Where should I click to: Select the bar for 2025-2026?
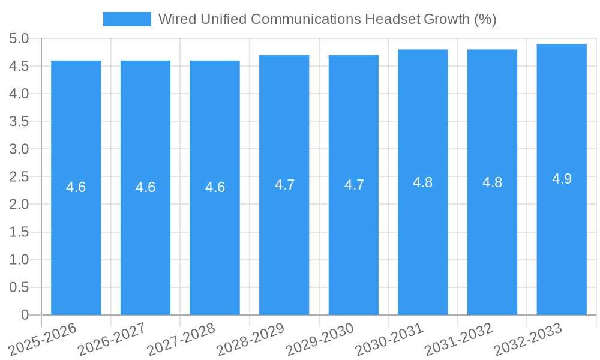point(76,240)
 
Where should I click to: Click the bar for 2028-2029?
point(284,240)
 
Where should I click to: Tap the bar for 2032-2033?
point(562,240)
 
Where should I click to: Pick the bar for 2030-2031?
point(423,240)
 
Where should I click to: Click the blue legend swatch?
point(127,19)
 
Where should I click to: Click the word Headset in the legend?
point(392,19)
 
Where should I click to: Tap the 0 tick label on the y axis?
point(25,315)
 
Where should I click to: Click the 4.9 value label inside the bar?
point(562,179)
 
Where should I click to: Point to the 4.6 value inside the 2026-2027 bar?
point(145,187)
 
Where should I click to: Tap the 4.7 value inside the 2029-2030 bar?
point(354,185)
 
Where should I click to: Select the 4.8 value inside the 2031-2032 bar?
point(492,182)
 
